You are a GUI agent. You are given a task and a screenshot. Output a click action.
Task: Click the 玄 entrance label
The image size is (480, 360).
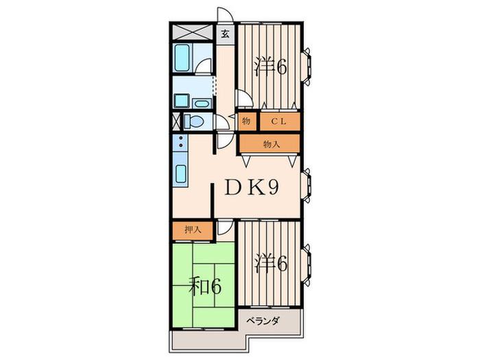pyautogui.click(x=226, y=34)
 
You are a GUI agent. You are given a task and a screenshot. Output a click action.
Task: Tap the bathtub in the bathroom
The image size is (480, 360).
pyautogui.click(x=181, y=58)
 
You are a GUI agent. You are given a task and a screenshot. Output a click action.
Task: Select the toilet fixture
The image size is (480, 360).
pyautogui.click(x=193, y=121)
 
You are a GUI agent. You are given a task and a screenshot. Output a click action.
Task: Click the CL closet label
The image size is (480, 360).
pyautogui.click(x=278, y=121)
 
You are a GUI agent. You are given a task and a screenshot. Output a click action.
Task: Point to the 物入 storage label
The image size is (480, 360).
pyautogui.click(x=272, y=144)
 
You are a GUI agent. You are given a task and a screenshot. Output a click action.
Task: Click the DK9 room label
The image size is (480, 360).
pyautogui.click(x=252, y=187)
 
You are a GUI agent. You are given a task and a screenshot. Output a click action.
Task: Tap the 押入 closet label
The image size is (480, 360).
pyautogui.click(x=193, y=230)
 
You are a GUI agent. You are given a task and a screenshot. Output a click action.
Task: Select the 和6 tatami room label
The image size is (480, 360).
pyautogui.click(x=205, y=286)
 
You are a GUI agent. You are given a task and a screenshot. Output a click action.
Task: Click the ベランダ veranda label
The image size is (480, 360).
pyautogui.click(x=263, y=321)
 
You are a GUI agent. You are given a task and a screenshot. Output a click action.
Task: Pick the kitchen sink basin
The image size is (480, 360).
pyautogui.click(x=180, y=174)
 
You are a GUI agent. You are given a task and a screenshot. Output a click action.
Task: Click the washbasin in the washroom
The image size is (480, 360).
pyautogui.click(x=202, y=104)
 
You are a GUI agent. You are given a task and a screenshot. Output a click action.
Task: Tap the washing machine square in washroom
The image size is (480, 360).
pyautogui.click(x=182, y=101)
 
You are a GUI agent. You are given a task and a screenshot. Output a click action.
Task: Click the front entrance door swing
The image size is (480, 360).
pyautogui.click(x=225, y=14)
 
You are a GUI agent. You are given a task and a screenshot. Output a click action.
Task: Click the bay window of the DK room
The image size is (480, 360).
pyautogui.click(x=307, y=185)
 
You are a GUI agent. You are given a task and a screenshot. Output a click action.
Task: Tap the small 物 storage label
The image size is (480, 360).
pyautogui.click(x=246, y=121)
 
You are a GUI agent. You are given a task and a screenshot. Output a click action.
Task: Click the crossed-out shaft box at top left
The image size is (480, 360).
pyautogui.click(x=192, y=32)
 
